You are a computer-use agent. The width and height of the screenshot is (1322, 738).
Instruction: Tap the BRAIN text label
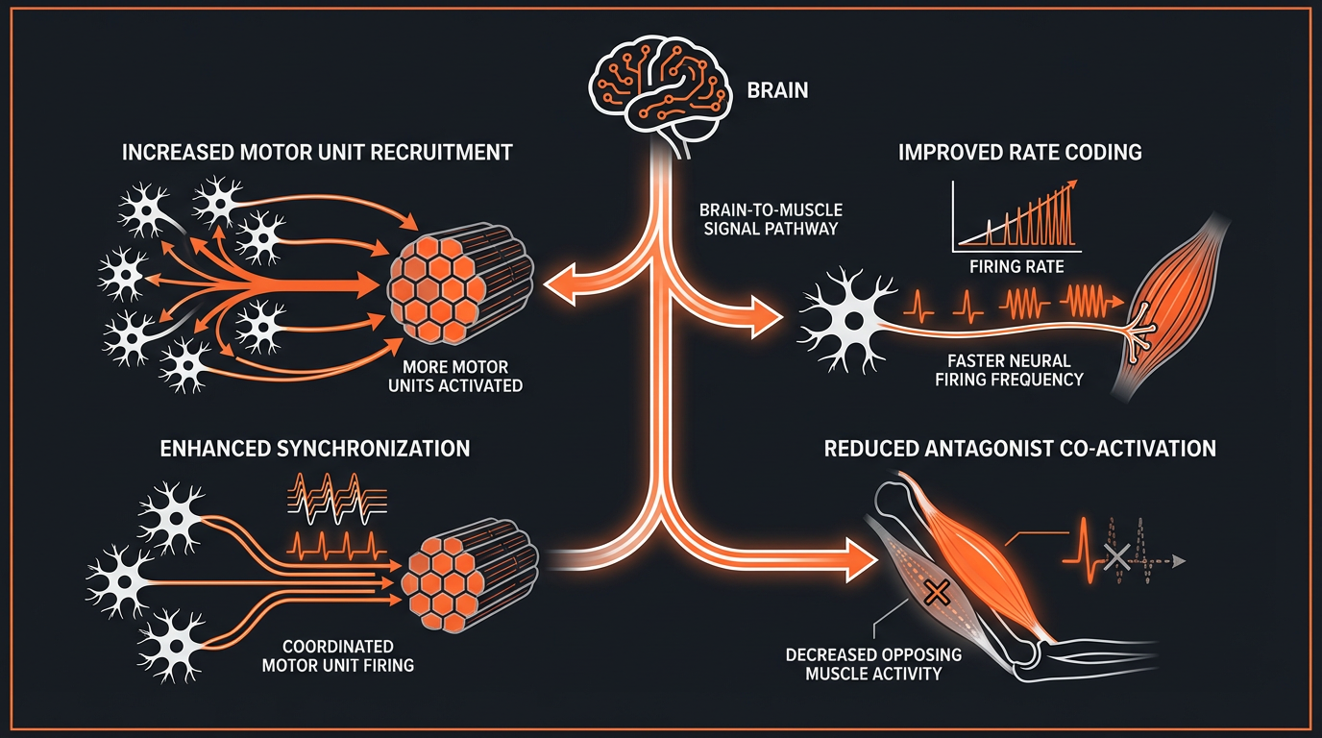tap(777, 92)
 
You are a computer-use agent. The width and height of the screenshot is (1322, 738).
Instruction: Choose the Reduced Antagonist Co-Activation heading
tap(1020, 448)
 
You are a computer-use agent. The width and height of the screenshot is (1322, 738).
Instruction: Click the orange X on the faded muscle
tap(932, 593)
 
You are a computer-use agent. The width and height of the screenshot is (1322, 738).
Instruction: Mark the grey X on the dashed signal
tap(1116, 554)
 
